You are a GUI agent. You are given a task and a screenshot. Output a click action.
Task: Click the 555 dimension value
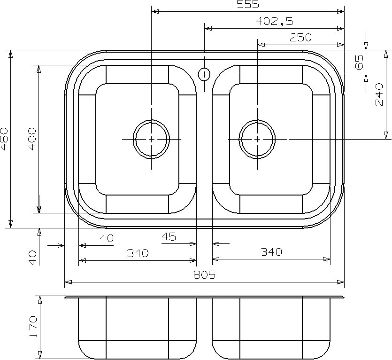click(x=248, y=4)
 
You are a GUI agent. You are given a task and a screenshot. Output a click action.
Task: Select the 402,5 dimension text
click(x=274, y=22)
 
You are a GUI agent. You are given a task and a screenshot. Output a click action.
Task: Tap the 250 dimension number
click(x=300, y=38)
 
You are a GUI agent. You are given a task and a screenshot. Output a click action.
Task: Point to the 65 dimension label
click(x=359, y=62)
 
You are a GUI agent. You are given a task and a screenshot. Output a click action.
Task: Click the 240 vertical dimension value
click(x=379, y=94)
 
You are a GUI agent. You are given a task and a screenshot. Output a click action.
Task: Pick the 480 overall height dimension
click(x=4, y=139)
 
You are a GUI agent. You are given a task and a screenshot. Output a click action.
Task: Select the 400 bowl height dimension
click(x=32, y=139)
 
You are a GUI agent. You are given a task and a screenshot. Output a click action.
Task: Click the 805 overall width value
click(x=204, y=275)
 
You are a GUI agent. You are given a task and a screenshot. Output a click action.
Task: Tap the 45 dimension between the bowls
click(x=169, y=236)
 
